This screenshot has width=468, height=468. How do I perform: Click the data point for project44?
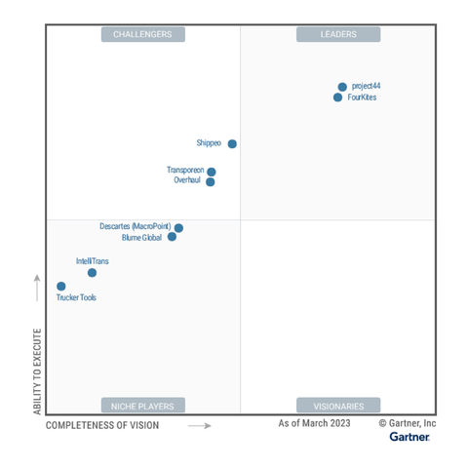pyautogui.click(x=342, y=87)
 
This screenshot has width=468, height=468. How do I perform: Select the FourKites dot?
pyautogui.click(x=337, y=97)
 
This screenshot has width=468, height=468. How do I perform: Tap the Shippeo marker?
pyautogui.click(x=232, y=143)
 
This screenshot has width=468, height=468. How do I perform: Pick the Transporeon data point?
pyautogui.click(x=212, y=172)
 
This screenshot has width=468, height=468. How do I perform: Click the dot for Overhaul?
pyautogui.click(x=211, y=181)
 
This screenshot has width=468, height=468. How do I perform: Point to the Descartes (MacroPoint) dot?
pyautogui.click(x=178, y=228)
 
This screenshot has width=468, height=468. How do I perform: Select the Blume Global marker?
pyautogui.click(x=172, y=237)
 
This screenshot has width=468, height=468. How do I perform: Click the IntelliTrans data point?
pyautogui.click(x=92, y=273)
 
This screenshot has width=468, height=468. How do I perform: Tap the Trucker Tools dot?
pyautogui.click(x=61, y=287)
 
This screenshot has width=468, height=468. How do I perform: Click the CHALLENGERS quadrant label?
pyautogui.click(x=142, y=35)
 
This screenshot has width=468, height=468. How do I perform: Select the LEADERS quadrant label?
pyautogui.click(x=338, y=35)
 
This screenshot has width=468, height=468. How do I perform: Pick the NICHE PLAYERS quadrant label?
pyautogui.click(x=142, y=406)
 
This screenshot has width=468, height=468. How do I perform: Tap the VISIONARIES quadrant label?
pyautogui.click(x=338, y=406)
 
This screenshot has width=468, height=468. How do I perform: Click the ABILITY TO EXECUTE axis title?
pyautogui.click(x=38, y=371)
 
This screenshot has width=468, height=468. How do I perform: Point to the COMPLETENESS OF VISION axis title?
pyautogui.click(x=102, y=425)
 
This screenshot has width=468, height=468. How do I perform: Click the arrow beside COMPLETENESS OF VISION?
pyautogui.click(x=199, y=425)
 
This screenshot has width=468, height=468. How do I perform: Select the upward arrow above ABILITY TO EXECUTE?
pyautogui.click(x=38, y=289)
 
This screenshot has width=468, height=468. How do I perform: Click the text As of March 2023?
pyautogui.click(x=314, y=423)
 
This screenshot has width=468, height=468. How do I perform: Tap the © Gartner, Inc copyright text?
pyautogui.click(x=408, y=423)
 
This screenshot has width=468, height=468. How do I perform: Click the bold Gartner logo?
pyautogui.click(x=409, y=437)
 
